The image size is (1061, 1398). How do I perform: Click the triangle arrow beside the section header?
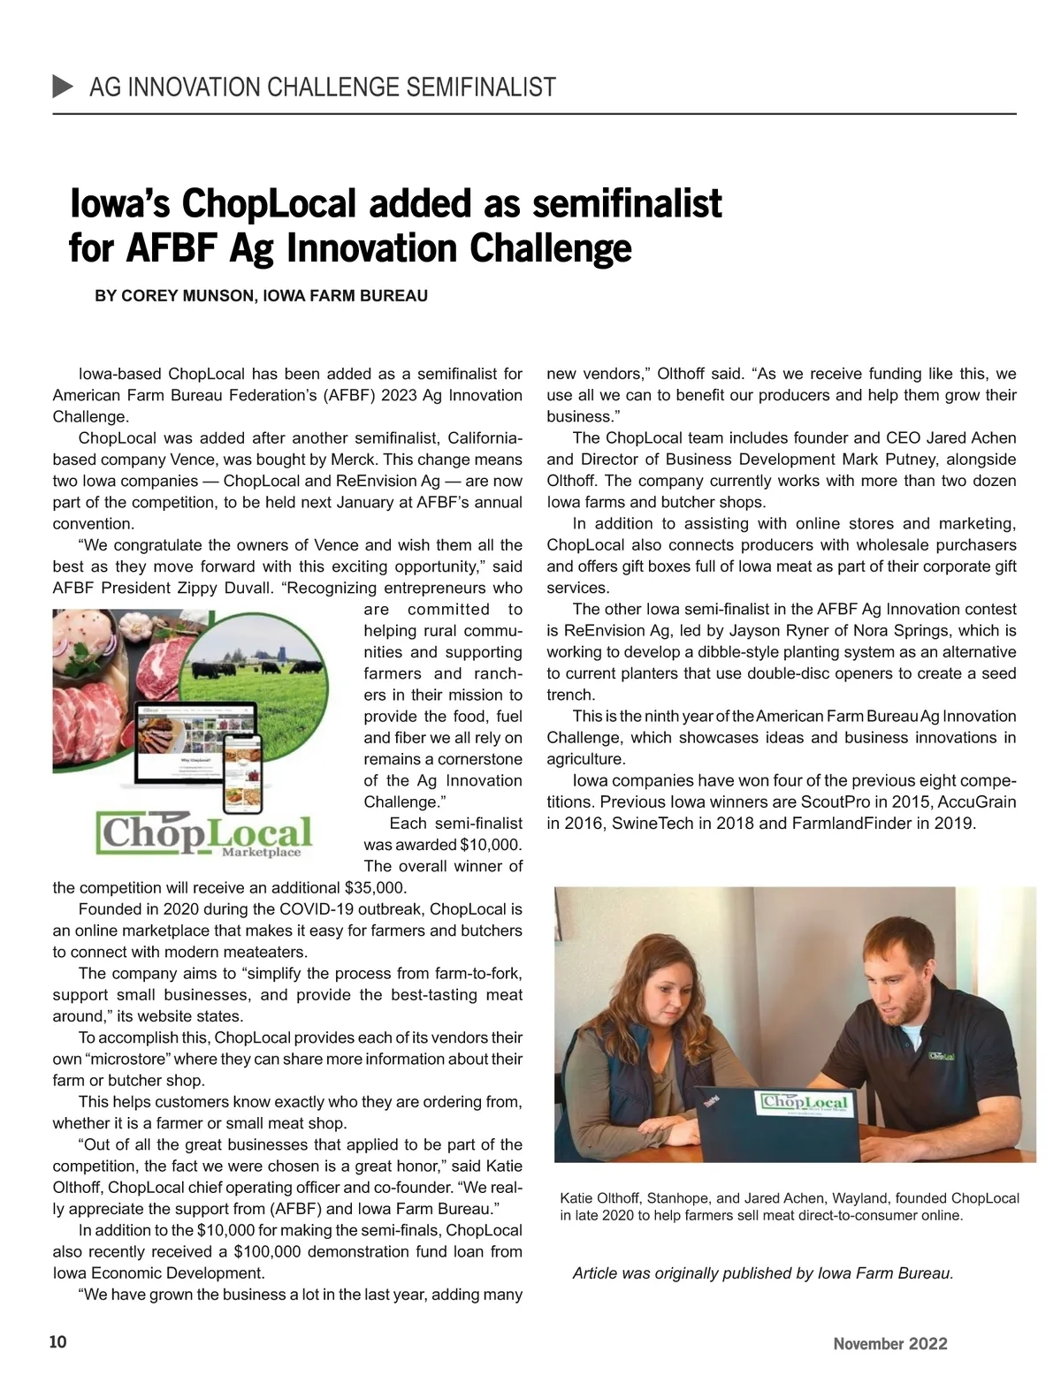(64, 87)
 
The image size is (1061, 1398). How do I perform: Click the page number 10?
(57, 1342)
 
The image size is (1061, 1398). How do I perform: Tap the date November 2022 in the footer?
(889, 1343)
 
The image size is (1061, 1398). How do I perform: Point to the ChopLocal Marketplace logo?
(204, 835)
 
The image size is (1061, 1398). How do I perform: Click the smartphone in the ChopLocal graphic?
(244, 769)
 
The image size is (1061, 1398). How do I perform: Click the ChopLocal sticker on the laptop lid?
(805, 1102)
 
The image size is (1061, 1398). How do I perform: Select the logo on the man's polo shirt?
(942, 1056)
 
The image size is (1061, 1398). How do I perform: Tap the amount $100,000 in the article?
(267, 1252)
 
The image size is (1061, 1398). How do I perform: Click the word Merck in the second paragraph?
(357, 460)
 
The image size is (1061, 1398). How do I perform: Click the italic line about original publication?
(762, 1273)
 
